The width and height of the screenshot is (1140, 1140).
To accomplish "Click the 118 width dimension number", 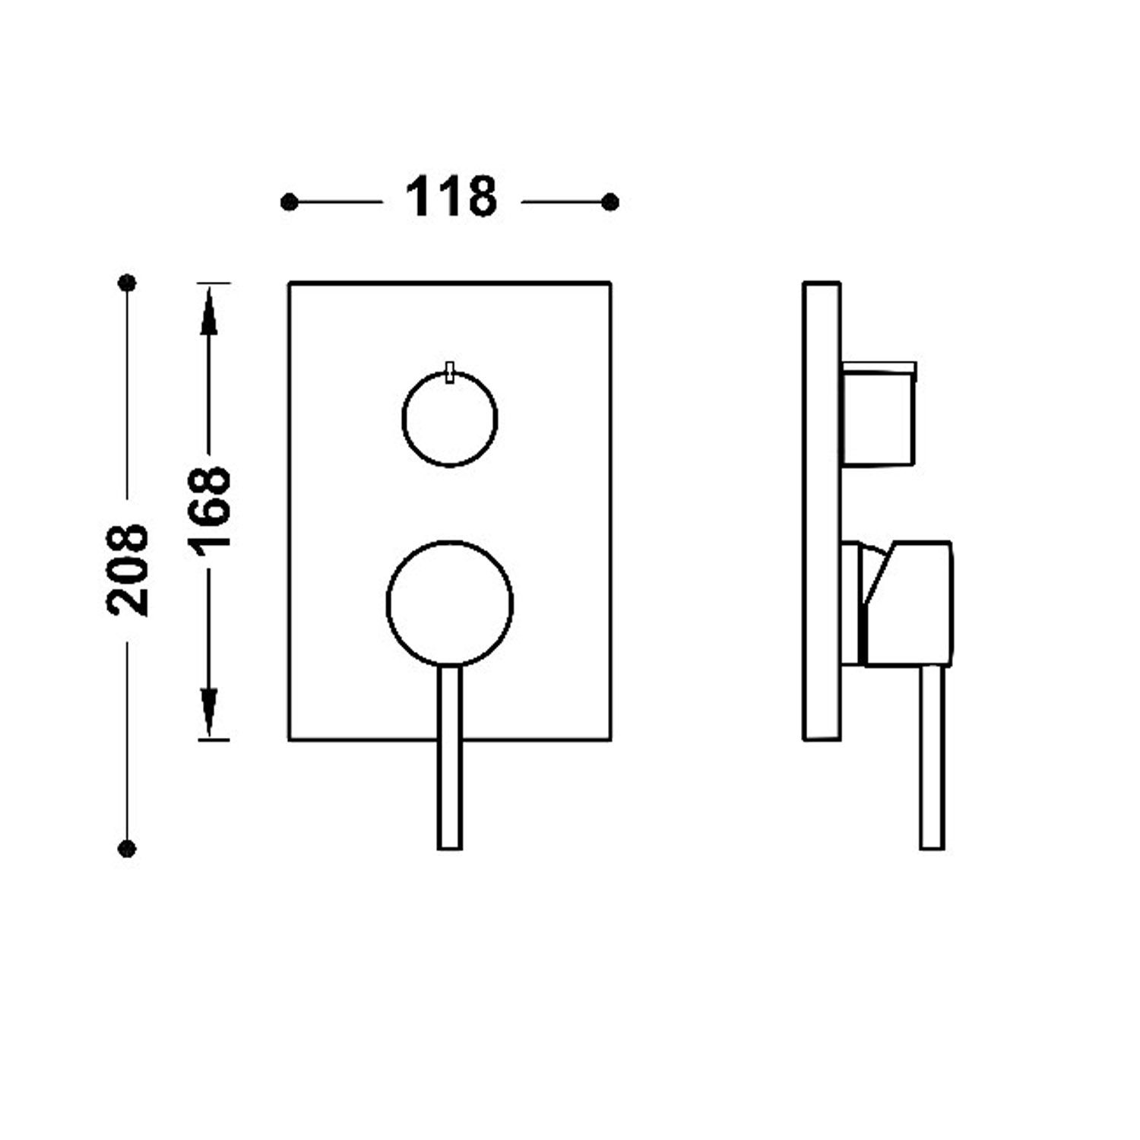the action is coord(451,197).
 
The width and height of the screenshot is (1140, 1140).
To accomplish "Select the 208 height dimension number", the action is coord(128,569).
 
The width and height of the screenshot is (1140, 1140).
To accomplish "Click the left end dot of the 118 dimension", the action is coord(289,202).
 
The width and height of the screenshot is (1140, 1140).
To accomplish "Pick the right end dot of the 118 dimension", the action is coord(610,202).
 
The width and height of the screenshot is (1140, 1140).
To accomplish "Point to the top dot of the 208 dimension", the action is coord(127,283).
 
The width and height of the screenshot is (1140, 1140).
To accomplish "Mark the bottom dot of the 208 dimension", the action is coord(127,847).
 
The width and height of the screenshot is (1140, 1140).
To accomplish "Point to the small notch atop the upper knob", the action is coord(450,372).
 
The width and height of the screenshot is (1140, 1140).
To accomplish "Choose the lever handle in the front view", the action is coord(450,757).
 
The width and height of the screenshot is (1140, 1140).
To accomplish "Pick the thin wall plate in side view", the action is coord(822,511).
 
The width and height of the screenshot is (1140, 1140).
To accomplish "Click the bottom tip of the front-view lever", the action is coord(450,849).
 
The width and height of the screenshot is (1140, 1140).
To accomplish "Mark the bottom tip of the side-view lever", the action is coord(932,849).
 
